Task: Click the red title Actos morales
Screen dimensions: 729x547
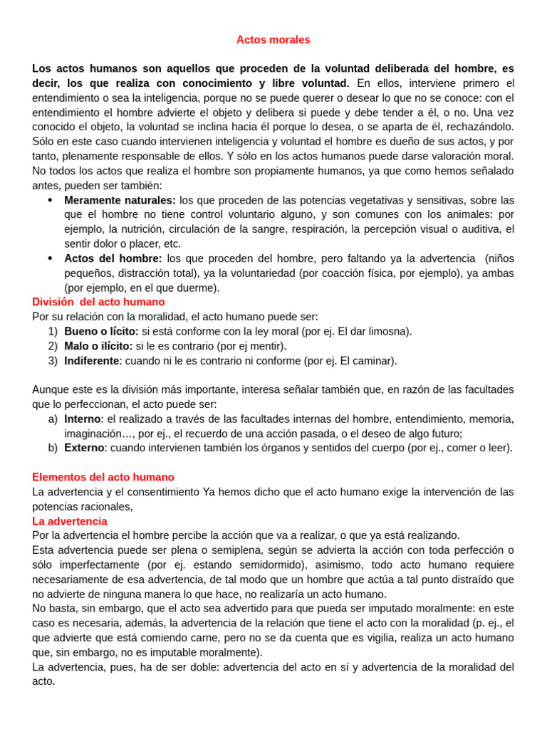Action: tap(273, 40)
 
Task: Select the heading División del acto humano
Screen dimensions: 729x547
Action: tap(98, 302)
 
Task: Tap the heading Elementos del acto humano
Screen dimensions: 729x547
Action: tap(103, 477)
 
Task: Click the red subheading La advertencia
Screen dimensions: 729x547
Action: tap(70, 521)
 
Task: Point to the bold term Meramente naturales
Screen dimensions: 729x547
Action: tap(120, 200)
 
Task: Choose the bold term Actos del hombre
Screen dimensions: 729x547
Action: tap(113, 258)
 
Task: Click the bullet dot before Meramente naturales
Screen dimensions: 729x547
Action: tap(50, 200)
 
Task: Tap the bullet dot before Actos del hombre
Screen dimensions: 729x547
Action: tap(50, 258)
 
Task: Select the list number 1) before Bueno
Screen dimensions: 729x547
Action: tap(53, 331)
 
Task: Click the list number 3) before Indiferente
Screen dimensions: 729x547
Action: tap(53, 361)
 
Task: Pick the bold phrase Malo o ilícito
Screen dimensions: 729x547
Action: tap(98, 346)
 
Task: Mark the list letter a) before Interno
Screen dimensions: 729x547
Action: tap(53, 419)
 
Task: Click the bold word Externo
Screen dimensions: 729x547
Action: tap(84, 448)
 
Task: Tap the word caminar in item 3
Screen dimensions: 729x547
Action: tap(373, 361)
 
